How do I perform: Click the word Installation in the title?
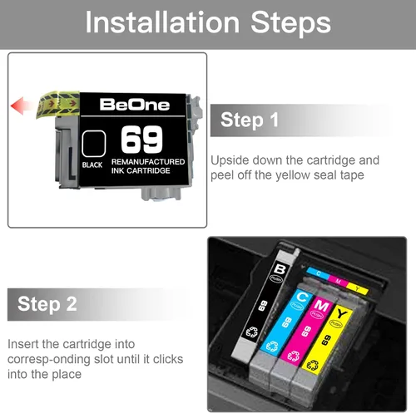[x=162, y=22]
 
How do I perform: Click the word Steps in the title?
[x=290, y=23]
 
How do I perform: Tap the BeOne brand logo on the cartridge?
[x=135, y=105]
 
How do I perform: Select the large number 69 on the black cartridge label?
[x=141, y=140]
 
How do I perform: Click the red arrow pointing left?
[x=23, y=106]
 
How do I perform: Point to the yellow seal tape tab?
[x=58, y=105]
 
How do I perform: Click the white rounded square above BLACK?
[x=94, y=144]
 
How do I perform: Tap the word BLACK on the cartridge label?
[x=92, y=165]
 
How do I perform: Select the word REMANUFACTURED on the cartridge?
[x=148, y=162]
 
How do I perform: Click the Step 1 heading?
[x=250, y=120]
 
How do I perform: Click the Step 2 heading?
[x=47, y=304]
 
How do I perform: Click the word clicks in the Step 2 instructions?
[x=168, y=359]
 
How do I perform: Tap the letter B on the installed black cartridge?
[x=280, y=269]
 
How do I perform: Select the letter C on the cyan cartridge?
[x=302, y=297]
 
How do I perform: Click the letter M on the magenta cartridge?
[x=321, y=306]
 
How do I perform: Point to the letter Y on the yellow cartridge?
[x=341, y=314]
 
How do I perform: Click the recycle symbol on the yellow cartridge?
[x=312, y=366]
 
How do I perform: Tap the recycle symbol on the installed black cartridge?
[x=252, y=332]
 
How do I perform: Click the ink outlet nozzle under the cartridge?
[x=161, y=194]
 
